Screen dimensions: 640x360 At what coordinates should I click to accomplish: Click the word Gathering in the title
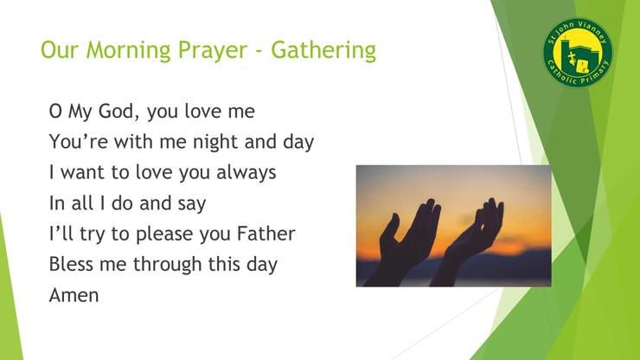tap(323, 51)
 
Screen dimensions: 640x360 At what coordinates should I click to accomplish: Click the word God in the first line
tap(119, 111)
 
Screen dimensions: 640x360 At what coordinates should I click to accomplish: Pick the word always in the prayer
tap(246, 173)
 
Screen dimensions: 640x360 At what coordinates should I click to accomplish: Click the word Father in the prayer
tap(266, 234)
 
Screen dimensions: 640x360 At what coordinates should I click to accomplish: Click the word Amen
tap(74, 295)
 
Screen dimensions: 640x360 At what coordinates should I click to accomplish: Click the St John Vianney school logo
tap(578, 53)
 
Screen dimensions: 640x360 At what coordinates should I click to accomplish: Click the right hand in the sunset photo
tap(473, 241)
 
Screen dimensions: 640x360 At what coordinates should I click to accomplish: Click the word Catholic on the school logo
tap(560, 74)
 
